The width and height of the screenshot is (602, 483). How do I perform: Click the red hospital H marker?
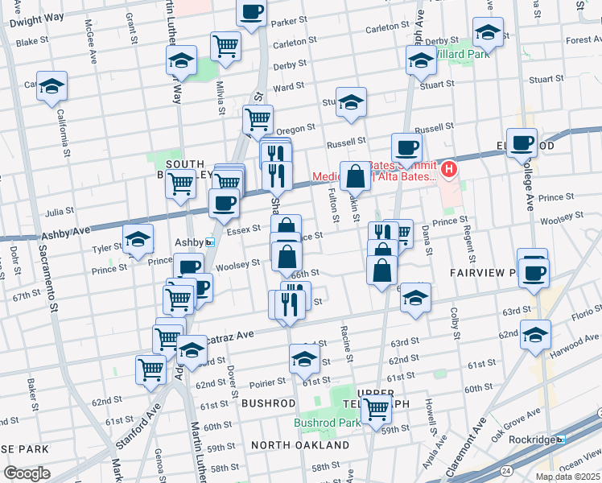(x=449, y=170)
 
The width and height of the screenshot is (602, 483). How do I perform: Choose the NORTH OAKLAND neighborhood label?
(x=300, y=445)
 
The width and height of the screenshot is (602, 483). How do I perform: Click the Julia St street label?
(x=60, y=212)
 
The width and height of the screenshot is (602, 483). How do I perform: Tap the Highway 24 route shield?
(x=505, y=469)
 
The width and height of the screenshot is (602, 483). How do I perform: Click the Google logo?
(x=27, y=473)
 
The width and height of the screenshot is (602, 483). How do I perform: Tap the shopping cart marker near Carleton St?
(x=225, y=46)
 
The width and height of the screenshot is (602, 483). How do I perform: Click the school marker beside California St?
(x=52, y=85)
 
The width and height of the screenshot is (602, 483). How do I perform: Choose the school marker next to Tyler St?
(x=138, y=238)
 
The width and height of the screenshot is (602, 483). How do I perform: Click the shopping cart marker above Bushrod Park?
(x=376, y=409)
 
